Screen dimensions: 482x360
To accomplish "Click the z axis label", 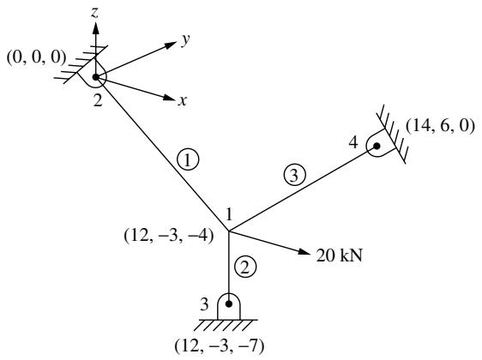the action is [95, 13].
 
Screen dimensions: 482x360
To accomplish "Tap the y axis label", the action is [185, 39].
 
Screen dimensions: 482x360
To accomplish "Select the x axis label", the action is [183, 100].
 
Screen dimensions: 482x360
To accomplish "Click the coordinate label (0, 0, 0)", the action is [37, 57].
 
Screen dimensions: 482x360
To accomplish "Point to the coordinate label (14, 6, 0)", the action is [440, 126].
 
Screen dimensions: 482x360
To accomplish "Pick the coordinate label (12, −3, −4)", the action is [169, 237].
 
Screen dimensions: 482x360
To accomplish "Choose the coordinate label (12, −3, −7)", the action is [220, 346].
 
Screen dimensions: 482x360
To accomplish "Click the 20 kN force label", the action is [340, 255].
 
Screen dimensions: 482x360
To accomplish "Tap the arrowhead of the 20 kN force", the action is [304, 251].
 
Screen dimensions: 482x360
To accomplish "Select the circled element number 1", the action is [188, 159].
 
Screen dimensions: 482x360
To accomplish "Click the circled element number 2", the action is [245, 267].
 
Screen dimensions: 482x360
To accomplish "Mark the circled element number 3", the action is [295, 176].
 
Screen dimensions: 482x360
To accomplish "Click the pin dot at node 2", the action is [96, 77].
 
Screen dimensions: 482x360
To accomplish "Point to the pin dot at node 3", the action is [229, 303].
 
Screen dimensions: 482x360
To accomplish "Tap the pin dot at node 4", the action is [377, 146].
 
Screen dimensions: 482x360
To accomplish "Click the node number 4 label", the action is [353, 142].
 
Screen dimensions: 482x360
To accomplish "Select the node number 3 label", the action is [204, 304].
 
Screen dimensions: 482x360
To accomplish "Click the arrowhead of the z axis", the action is [95, 28].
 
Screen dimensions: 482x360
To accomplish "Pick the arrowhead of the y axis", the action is [171, 45].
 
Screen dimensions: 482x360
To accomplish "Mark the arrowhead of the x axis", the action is [169, 98].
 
